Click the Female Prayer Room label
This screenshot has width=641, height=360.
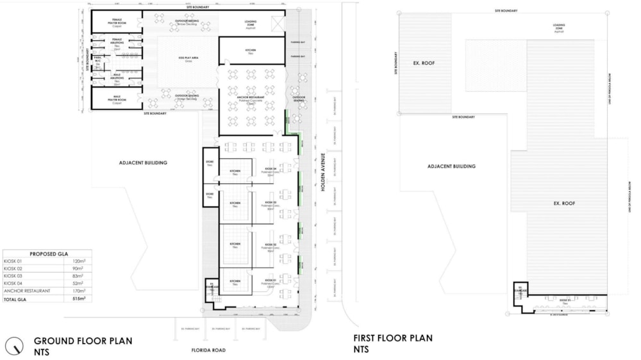(x=117, y=21)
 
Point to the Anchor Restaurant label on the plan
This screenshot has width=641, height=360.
(x=251, y=97)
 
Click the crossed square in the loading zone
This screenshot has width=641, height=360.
(x=277, y=24)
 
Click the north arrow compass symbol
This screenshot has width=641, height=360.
(x=13, y=346)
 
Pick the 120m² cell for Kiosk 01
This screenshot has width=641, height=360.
(x=79, y=261)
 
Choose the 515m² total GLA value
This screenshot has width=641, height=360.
(x=78, y=299)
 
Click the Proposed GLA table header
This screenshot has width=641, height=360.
(x=46, y=254)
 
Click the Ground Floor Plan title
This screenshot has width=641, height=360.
(x=83, y=341)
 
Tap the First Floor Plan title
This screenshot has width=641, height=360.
(x=393, y=338)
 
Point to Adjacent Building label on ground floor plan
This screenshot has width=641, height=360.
(x=143, y=163)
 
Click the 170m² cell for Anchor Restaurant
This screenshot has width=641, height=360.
(x=78, y=291)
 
